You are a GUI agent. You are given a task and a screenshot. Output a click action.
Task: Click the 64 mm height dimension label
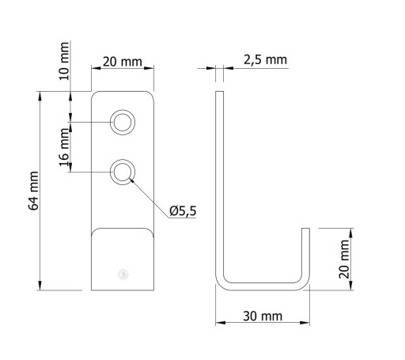(33, 191)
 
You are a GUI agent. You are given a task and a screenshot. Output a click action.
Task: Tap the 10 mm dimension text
(64, 61)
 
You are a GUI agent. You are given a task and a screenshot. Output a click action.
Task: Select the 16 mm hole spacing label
(64, 147)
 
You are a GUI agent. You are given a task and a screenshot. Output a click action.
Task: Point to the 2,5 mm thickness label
(265, 60)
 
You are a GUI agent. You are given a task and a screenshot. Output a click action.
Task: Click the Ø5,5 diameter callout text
(183, 211)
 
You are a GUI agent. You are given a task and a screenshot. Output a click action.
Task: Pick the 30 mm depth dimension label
(263, 316)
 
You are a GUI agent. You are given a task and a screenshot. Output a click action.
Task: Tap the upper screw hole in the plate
(123, 123)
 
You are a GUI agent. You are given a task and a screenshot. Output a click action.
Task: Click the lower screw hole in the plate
(123, 172)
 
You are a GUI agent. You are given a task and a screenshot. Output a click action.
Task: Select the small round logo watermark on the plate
(123, 275)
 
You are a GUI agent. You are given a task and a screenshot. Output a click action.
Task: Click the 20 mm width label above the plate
(123, 62)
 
